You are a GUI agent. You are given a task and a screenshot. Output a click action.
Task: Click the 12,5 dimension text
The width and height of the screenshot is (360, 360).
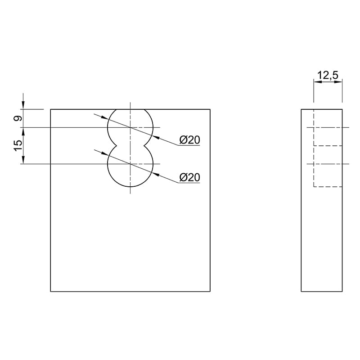click(x=328, y=75)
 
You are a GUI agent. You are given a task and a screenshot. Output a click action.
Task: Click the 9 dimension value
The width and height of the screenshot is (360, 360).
click(x=18, y=118)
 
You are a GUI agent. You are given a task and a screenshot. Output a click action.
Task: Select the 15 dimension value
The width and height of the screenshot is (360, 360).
click(x=18, y=146)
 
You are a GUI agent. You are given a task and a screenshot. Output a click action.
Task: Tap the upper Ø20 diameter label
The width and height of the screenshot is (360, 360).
click(x=189, y=140)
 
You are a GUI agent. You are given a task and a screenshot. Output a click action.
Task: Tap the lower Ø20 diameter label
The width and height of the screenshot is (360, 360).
click(x=189, y=177)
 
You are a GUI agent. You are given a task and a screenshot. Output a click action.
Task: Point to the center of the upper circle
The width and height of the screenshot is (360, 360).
click(x=130, y=127)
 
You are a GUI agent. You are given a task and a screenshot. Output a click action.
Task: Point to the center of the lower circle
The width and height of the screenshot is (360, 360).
click(x=130, y=164)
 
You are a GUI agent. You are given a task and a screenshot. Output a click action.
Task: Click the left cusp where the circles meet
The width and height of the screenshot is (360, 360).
click(x=117, y=145)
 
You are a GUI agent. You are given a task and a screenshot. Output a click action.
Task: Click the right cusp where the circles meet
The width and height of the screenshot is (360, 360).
click(x=144, y=145)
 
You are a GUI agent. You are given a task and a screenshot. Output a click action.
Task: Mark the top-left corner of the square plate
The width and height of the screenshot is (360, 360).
click(x=50, y=109)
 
